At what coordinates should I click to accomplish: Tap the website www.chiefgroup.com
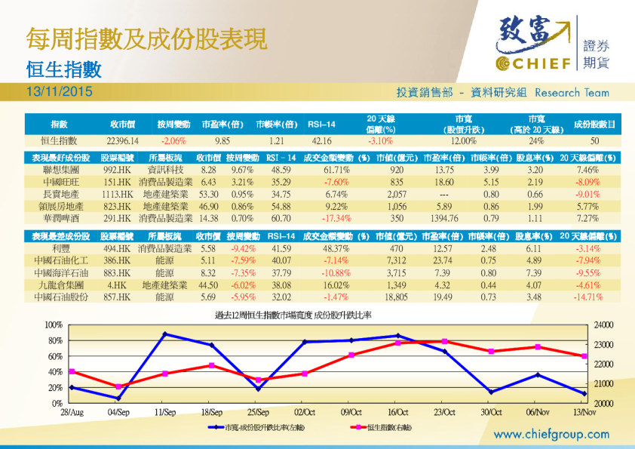[552, 434]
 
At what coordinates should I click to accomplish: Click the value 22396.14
[122, 140]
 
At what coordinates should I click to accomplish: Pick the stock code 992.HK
[117, 171]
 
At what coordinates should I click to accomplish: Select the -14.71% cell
[588, 297]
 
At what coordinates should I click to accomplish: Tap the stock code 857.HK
[117, 297]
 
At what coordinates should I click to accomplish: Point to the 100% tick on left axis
[53, 324]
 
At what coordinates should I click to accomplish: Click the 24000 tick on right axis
[604, 324]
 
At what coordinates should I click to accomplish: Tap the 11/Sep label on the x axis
[165, 413]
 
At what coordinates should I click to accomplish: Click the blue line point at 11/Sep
[165, 334]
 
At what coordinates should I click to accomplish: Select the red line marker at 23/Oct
[444, 342]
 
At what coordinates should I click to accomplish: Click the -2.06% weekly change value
[173, 140]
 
